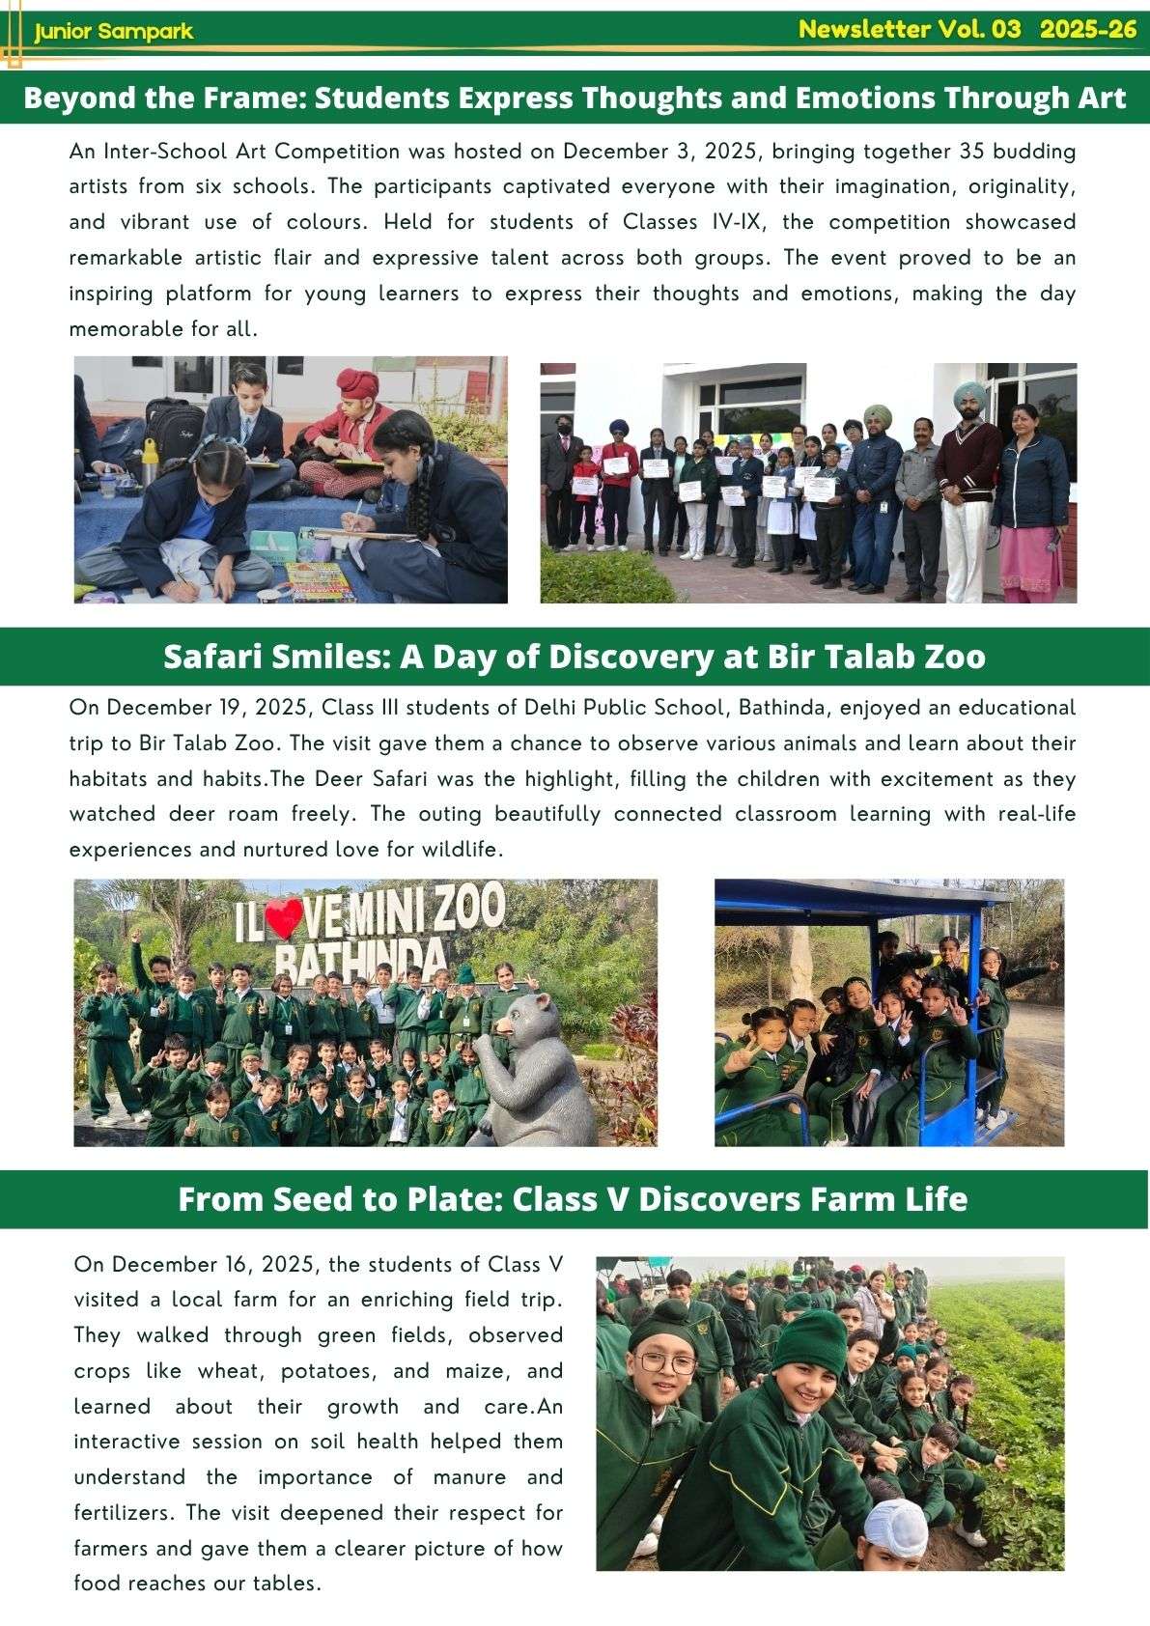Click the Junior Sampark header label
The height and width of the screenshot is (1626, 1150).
coord(113,32)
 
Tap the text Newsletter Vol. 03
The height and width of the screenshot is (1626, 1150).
coord(909,29)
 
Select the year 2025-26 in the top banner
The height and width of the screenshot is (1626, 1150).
coord(1088,29)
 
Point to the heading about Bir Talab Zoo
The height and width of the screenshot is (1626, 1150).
coord(575,657)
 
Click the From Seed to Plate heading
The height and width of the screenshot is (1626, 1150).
coord(573,1199)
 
